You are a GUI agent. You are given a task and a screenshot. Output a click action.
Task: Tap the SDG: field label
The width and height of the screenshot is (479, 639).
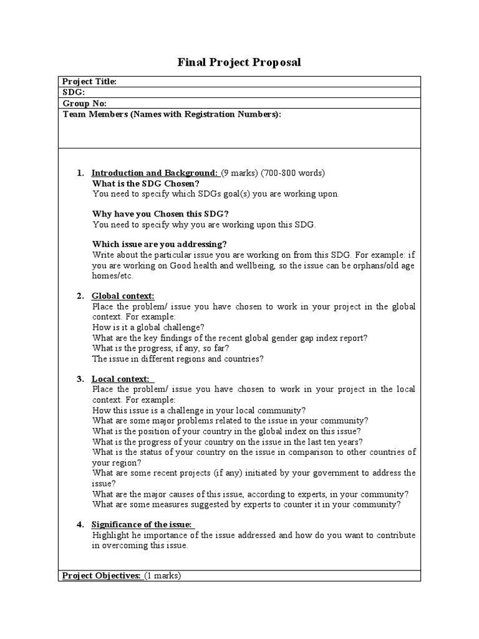74,92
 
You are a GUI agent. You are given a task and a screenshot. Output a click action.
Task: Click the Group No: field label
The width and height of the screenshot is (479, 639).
85,103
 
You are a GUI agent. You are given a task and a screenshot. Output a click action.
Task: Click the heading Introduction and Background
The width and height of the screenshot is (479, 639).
155,173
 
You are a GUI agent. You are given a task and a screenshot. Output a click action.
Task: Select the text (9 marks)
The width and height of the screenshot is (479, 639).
239,173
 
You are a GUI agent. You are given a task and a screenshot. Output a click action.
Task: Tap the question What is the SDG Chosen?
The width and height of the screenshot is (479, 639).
146,183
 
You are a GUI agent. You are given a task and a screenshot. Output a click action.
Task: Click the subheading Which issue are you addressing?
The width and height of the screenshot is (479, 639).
160,244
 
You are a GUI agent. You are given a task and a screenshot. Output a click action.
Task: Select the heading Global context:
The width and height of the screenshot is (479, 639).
123,296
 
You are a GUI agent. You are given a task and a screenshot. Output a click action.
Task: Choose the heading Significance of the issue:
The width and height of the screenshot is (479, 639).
142,524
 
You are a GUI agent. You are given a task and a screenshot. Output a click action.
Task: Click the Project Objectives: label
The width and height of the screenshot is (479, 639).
101,576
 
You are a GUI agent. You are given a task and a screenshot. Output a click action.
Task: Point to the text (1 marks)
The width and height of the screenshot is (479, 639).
163,576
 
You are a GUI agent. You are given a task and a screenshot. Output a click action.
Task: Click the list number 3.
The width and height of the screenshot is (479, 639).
80,379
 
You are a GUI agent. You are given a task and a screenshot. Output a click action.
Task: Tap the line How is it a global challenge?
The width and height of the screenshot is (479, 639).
148,327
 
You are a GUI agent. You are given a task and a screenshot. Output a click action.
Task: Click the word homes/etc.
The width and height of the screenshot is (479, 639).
113,276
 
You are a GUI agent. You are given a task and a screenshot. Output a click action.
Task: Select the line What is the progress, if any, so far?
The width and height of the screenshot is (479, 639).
161,348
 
